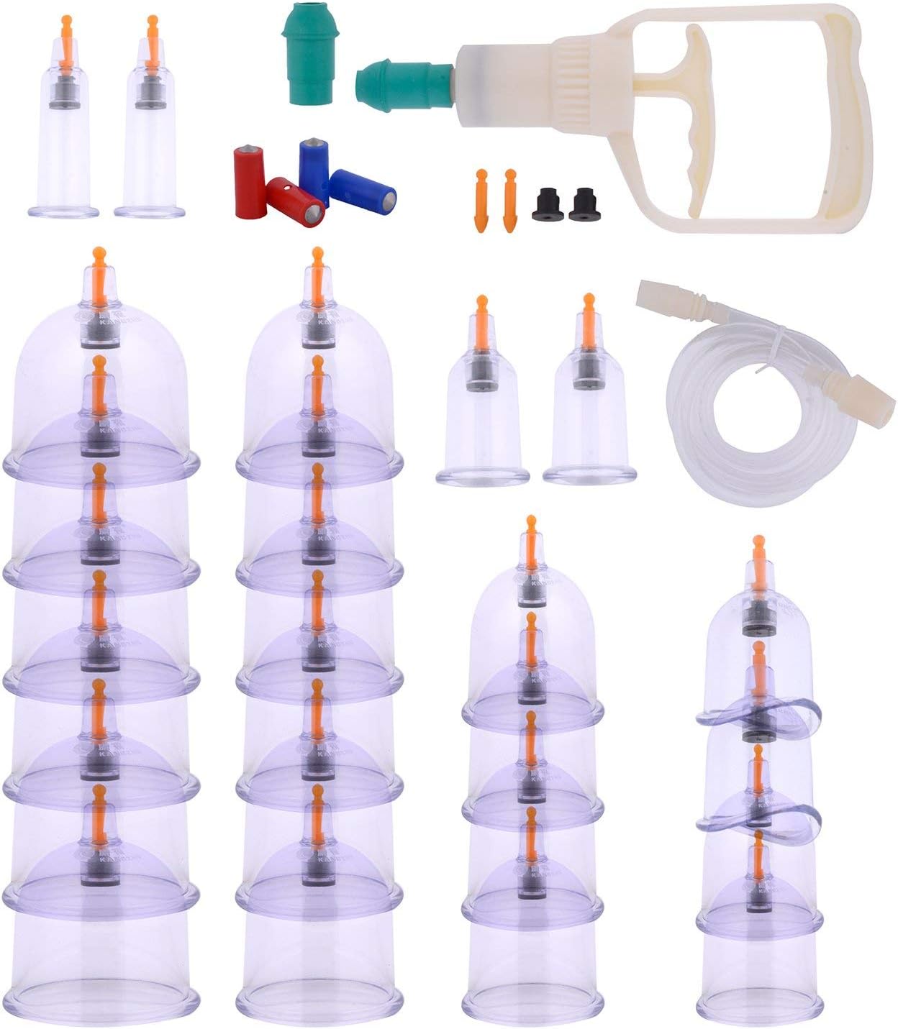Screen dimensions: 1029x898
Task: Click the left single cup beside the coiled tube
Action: [482, 403]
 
